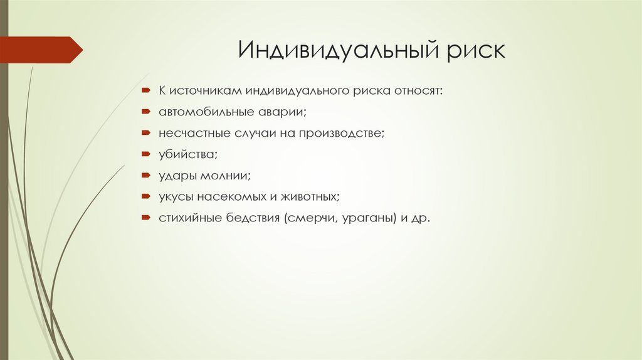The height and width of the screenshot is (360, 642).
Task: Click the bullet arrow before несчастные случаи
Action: tap(145, 134)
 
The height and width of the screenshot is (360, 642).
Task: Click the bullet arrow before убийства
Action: tap(145, 154)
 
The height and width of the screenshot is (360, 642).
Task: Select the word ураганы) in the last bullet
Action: tap(371, 218)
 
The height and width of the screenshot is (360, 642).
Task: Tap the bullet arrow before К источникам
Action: tap(145, 92)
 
